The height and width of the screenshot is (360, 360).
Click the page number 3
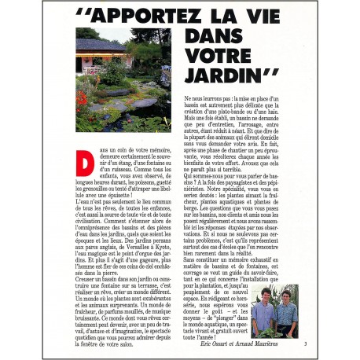[x=305, y=344]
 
